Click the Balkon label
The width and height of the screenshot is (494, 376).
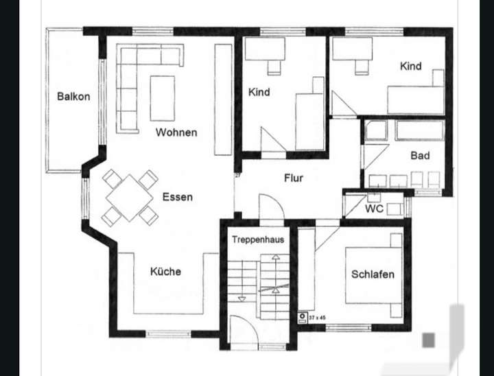73,97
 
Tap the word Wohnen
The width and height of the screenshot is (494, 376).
176,132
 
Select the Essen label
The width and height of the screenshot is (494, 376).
177,198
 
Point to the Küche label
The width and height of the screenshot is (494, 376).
165,272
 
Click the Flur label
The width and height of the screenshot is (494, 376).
294,178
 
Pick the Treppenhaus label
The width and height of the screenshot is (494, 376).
257,239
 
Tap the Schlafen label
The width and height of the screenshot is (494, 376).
373,274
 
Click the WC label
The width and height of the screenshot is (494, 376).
374,209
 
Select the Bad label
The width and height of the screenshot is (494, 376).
420,156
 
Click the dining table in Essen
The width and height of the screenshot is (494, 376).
130,198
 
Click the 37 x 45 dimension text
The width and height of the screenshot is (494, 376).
318,318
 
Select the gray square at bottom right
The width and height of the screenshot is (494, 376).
429,339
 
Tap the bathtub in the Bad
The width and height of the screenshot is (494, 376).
419,130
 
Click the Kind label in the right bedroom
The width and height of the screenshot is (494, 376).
410,67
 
